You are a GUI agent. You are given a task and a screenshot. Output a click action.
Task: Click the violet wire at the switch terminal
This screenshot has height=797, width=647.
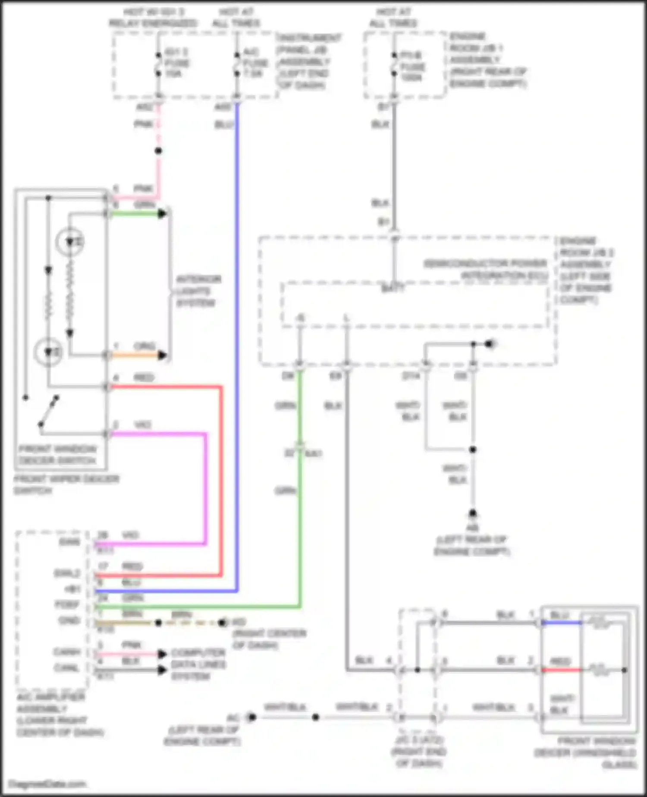[129, 433]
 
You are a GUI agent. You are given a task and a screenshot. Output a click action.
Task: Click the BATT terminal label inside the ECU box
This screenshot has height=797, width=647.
[393, 288]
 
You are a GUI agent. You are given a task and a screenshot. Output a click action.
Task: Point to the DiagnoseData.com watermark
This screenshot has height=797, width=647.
[47, 784]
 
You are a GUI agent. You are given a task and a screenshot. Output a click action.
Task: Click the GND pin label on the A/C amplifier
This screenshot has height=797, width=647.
[69, 620]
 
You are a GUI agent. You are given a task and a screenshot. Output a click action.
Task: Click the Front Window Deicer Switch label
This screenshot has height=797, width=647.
[57, 455]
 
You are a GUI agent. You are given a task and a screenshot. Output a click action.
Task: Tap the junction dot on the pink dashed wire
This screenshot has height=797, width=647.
[158, 151]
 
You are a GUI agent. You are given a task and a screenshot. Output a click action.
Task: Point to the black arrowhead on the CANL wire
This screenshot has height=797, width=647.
[162, 670]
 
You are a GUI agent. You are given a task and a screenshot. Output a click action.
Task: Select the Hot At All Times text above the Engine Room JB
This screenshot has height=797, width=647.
[393, 17]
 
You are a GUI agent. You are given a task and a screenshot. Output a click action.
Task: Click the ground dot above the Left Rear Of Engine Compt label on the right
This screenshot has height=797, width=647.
[473, 513]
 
